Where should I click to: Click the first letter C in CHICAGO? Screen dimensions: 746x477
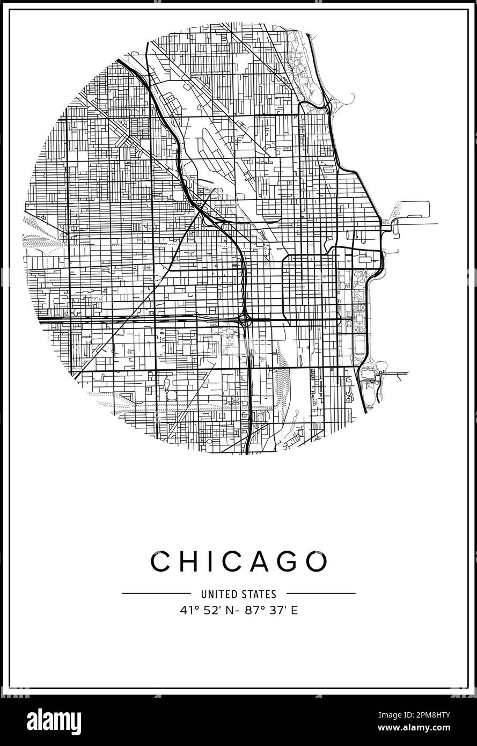(x=160, y=562)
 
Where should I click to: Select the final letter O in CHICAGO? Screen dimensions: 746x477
(x=317, y=562)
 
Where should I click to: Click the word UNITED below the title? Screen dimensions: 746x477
(x=217, y=594)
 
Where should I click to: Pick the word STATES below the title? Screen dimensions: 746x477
(x=260, y=594)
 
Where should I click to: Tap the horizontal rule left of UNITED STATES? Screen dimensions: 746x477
(x=156, y=594)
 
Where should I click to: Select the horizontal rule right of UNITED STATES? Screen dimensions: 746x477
(x=321, y=594)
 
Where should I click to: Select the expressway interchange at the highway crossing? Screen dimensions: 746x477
(x=245, y=320)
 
